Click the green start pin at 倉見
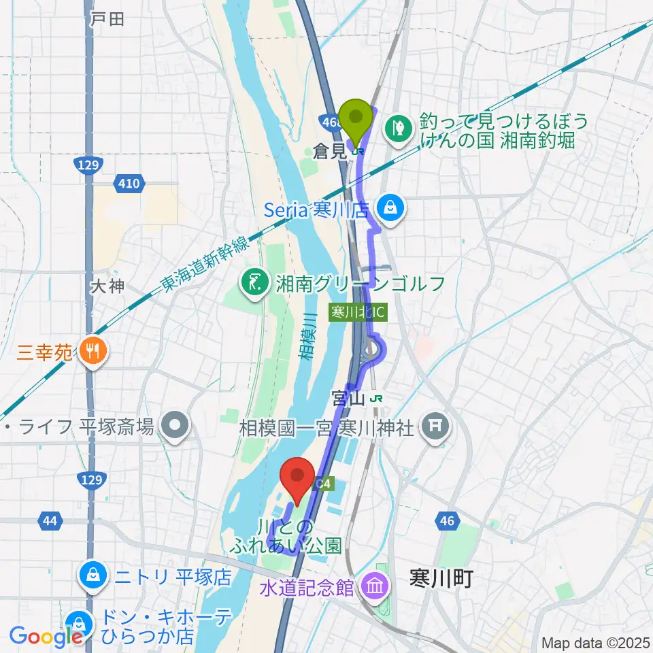356,117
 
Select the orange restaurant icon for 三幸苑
90,351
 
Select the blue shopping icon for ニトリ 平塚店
90,577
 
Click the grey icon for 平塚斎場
175,427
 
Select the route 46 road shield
446,521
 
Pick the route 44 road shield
49,521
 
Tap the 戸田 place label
107,19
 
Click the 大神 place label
107,286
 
